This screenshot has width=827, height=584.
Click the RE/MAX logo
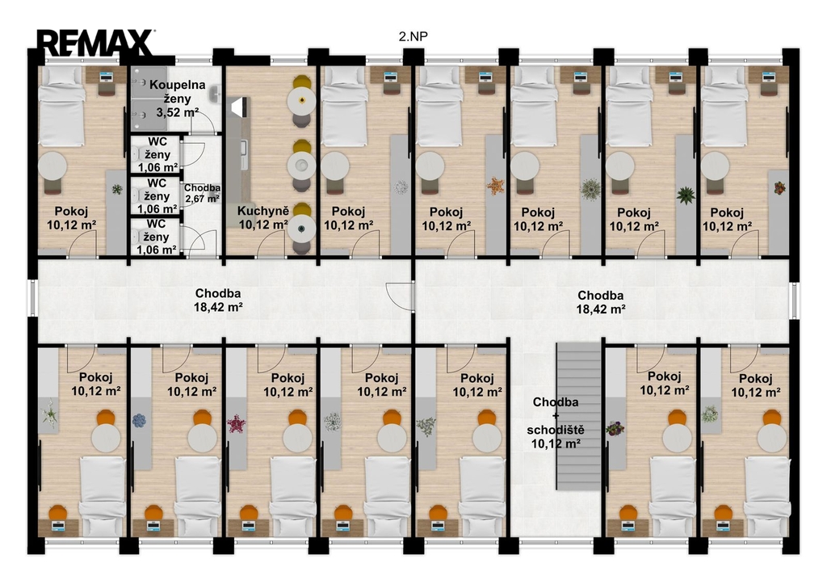95,43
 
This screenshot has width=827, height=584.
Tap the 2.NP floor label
413,36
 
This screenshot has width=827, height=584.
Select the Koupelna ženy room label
177,91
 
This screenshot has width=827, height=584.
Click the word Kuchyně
262,211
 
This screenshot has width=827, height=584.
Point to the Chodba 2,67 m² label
202,193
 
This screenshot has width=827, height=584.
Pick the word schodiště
556,430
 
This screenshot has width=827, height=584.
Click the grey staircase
579,416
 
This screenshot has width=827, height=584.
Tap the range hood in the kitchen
240,107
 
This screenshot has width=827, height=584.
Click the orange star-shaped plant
495,186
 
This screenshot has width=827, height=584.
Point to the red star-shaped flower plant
236,423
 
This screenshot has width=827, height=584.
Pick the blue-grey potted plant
139,421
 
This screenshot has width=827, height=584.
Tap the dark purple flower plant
615,428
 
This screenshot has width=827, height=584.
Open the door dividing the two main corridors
400,296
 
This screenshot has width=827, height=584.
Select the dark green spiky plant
685,195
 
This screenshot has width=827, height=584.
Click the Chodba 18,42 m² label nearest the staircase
600,302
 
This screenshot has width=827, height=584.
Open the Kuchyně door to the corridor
271,244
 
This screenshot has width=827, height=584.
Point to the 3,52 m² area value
177,112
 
